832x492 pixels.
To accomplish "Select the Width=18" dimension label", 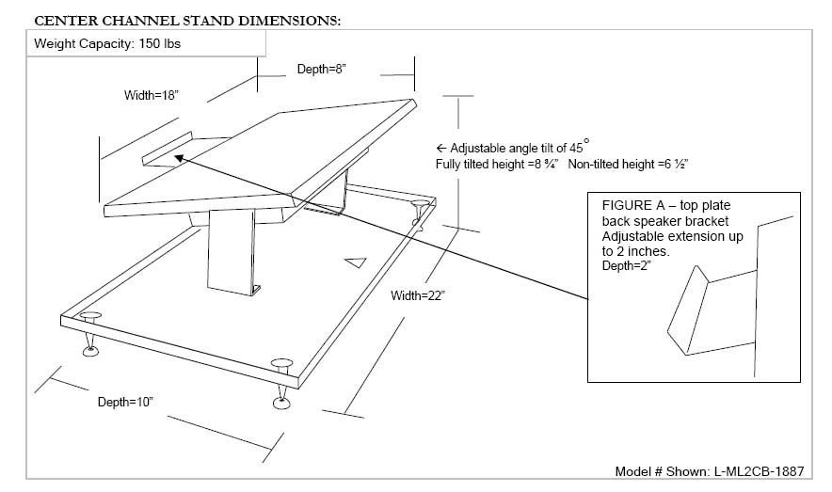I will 151,95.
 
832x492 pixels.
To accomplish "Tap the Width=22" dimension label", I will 417,296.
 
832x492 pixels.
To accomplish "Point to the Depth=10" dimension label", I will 125,402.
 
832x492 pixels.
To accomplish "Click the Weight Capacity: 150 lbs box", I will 95,43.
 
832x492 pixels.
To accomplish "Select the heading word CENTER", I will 64,19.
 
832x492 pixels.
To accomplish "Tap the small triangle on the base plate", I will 354,262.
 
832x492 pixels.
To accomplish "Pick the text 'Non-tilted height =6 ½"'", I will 629,164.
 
